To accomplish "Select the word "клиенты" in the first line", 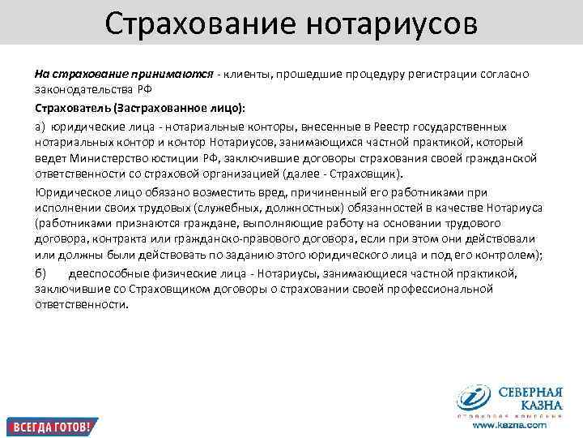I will coord(249,75).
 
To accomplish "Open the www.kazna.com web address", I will coord(509,424).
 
